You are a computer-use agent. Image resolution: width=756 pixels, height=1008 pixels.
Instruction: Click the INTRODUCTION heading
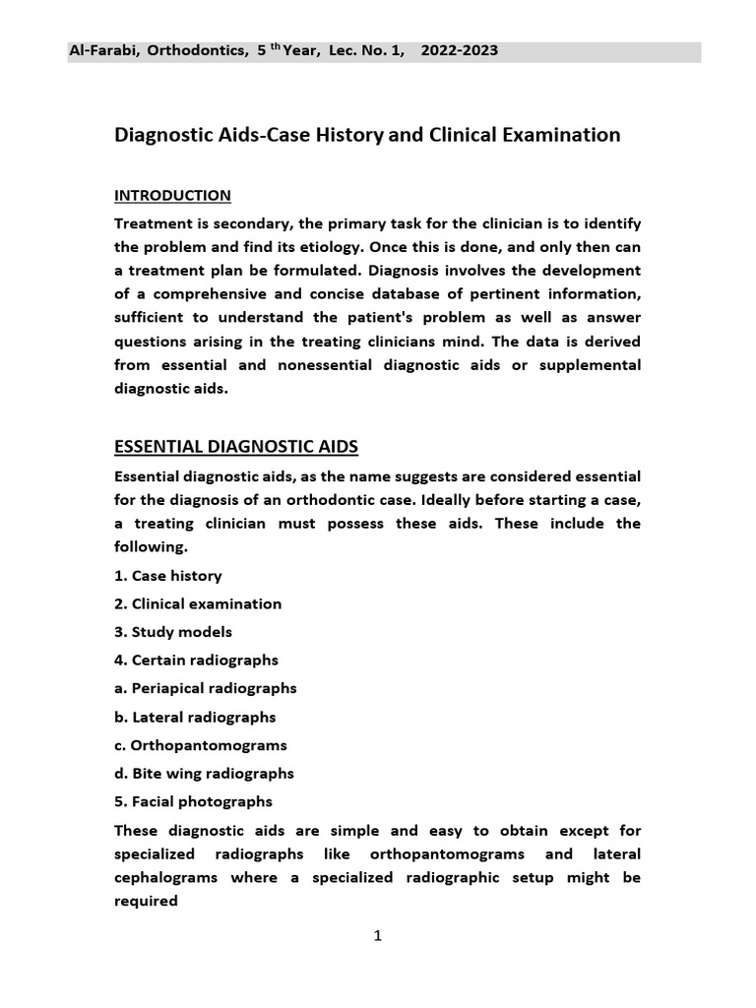coord(172,195)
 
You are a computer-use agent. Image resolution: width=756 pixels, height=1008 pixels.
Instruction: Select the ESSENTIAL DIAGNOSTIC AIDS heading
coord(236,447)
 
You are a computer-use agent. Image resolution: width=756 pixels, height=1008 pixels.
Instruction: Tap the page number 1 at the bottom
coord(377,935)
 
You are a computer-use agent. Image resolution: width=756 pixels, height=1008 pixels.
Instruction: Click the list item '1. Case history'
coord(168,576)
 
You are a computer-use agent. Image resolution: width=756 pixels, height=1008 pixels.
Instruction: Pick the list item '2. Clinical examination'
coord(198,603)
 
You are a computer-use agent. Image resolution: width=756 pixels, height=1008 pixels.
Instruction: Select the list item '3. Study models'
coord(173,632)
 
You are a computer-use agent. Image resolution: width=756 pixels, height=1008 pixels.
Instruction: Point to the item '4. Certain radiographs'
coord(196,660)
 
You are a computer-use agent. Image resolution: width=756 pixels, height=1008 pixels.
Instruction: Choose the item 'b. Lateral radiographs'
coord(195,717)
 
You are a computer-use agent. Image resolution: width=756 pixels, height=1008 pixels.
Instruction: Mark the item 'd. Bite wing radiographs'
coord(204,773)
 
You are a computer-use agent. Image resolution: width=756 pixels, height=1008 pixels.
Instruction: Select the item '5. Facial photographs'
coord(193,801)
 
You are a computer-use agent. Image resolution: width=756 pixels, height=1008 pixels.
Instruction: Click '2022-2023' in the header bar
coord(459,51)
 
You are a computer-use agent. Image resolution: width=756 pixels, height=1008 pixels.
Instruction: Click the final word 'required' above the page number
coord(146,901)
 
